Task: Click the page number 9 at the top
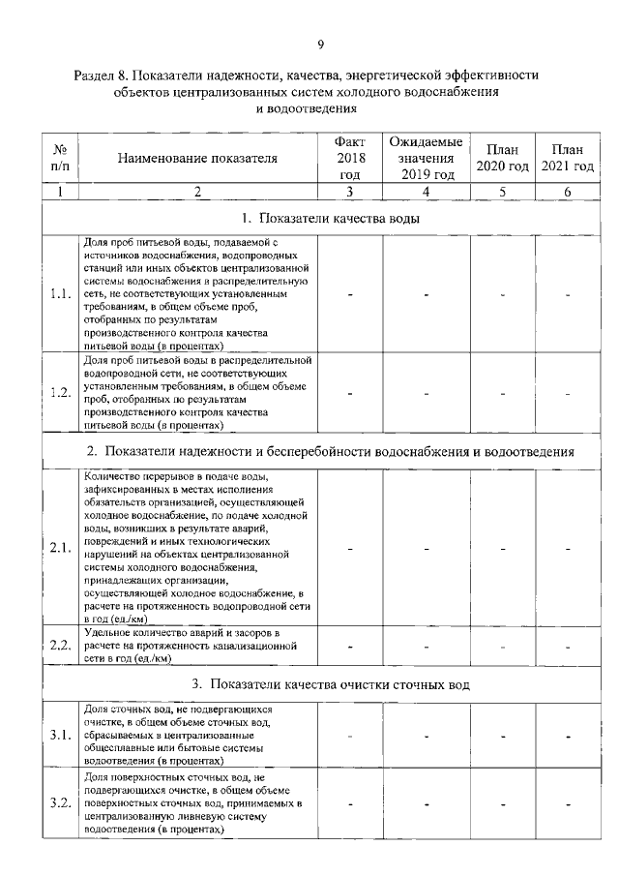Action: (x=320, y=43)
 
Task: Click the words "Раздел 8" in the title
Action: (x=103, y=75)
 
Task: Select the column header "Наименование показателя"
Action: (x=197, y=158)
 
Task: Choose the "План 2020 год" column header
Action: (x=502, y=158)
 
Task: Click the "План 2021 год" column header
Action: (x=568, y=158)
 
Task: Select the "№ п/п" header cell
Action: (x=60, y=158)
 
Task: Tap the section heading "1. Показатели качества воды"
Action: (x=320, y=218)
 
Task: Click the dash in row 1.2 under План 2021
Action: (x=568, y=393)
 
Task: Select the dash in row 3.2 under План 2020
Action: (x=502, y=804)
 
